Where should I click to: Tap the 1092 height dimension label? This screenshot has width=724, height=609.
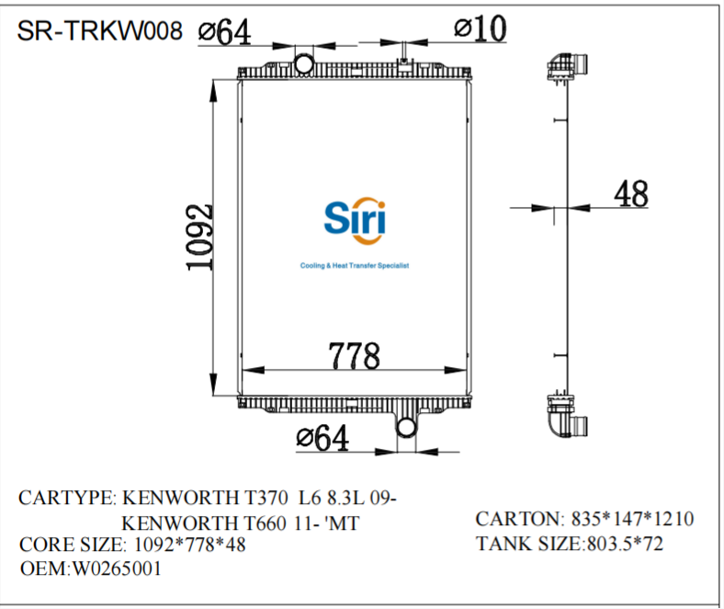(x=199, y=236)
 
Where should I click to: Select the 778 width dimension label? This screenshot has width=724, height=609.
(x=355, y=353)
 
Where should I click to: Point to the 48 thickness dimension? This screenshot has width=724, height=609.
(x=630, y=194)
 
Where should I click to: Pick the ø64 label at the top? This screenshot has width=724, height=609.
(x=225, y=31)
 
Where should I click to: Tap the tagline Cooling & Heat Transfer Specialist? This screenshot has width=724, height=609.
(x=354, y=265)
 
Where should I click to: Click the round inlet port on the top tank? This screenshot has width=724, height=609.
(x=304, y=63)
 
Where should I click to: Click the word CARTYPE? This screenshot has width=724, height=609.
(x=64, y=499)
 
